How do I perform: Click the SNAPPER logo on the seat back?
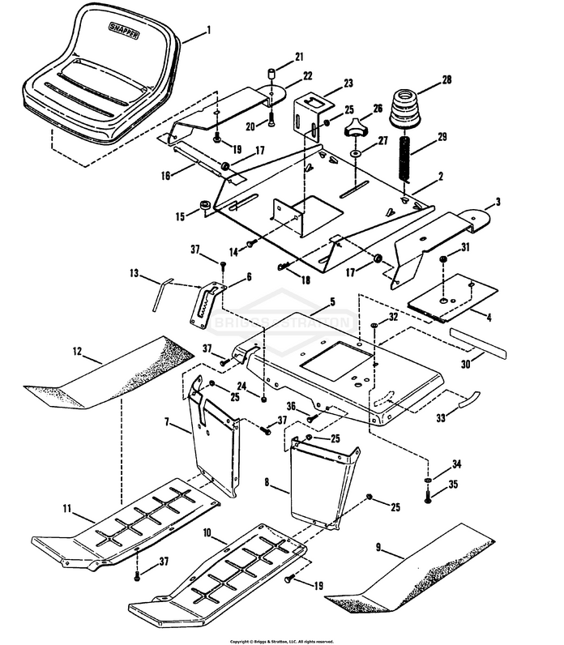pos(124,31)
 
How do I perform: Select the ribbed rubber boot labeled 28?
pos(406,109)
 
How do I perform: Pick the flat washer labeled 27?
pos(355,153)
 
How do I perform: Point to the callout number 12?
pos(77,352)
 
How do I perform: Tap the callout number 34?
pos(456,464)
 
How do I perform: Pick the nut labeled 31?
pos(443,259)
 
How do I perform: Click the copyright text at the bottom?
pos(282,641)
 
